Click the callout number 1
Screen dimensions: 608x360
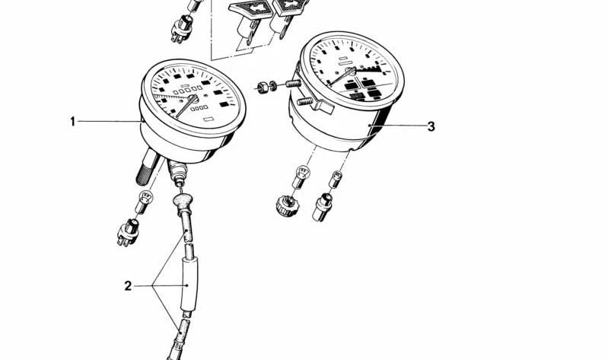(x=72, y=122)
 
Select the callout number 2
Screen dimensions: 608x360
(x=128, y=286)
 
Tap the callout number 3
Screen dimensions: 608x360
(x=431, y=126)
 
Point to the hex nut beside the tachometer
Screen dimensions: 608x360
(x=263, y=87)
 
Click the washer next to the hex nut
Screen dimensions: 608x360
(x=272, y=85)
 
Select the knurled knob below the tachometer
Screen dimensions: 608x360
(x=287, y=205)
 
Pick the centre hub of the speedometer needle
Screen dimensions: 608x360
(x=193, y=99)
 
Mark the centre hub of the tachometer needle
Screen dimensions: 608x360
(x=351, y=72)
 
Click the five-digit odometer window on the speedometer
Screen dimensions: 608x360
(x=188, y=91)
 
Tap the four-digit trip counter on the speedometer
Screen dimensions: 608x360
(x=199, y=108)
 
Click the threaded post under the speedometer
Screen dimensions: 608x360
(x=148, y=167)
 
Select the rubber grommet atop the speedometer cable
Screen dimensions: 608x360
(x=182, y=202)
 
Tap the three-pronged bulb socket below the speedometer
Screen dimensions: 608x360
(x=128, y=232)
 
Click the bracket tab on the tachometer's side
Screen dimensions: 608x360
(x=324, y=107)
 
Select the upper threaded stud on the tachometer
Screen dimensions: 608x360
(x=294, y=84)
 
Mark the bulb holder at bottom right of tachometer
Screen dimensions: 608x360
(x=322, y=208)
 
